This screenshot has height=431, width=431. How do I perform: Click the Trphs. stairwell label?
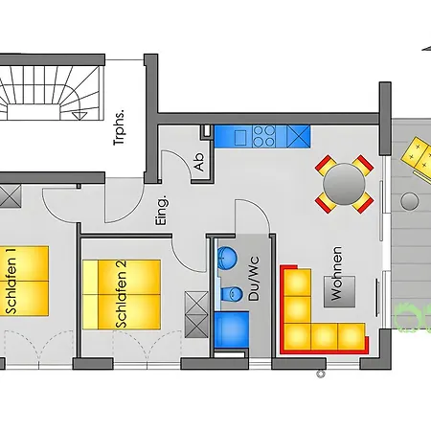119,128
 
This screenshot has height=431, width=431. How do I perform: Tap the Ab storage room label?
199,162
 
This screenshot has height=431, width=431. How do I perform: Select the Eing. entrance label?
162,211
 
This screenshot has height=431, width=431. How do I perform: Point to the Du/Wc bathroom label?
254,278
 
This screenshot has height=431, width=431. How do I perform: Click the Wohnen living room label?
336,273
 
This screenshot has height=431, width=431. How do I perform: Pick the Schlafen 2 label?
122,294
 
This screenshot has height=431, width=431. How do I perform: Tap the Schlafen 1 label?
11,281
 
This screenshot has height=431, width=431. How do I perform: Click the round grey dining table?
344,184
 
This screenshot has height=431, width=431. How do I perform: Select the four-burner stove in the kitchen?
263,136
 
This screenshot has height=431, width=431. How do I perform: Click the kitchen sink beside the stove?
240,137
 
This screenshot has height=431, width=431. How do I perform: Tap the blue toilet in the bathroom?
232,293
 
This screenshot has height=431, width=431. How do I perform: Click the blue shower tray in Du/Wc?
232,329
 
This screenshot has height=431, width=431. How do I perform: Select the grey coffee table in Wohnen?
340,291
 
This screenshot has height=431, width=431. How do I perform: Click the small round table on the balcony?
410,201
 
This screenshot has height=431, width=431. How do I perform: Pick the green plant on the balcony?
413,318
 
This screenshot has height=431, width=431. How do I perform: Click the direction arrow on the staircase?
79,116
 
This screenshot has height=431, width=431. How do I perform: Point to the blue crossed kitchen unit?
298,136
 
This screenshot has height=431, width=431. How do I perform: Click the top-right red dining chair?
364,166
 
